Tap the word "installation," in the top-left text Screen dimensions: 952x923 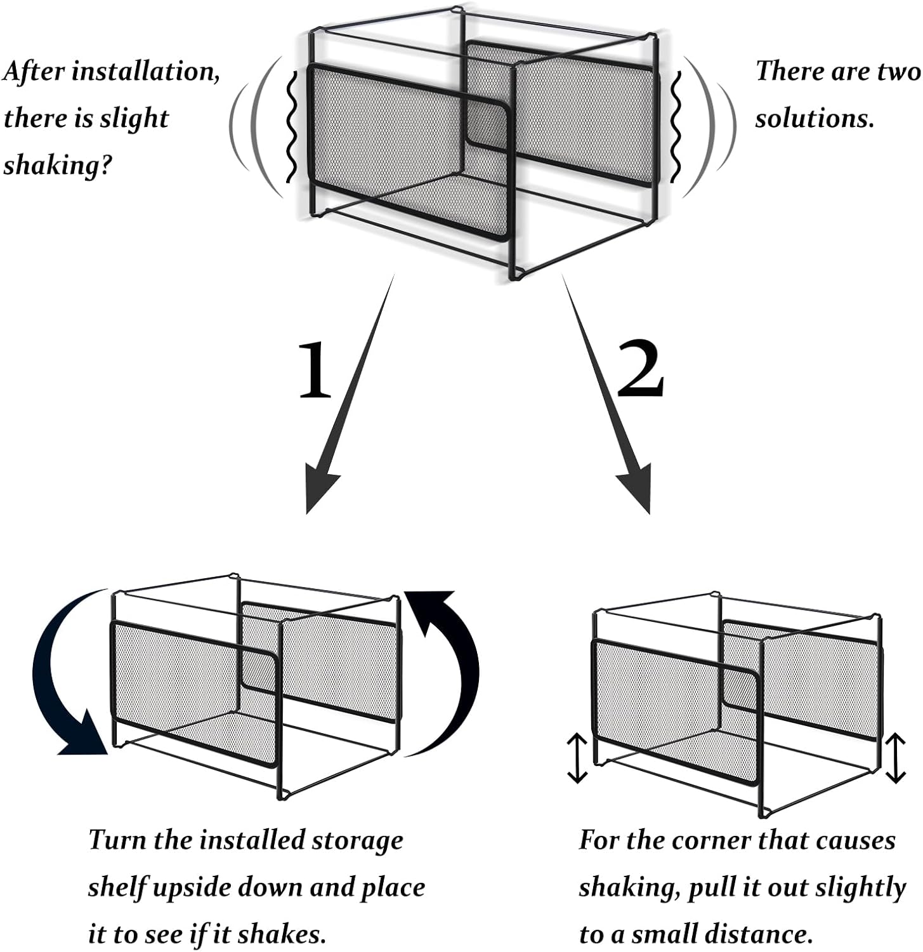click(146, 72)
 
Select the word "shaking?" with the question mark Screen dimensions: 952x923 click(58, 165)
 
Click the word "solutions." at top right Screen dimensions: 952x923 click(815, 118)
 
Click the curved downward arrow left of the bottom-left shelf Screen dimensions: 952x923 click(63, 679)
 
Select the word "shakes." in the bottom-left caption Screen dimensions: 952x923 click(289, 934)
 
